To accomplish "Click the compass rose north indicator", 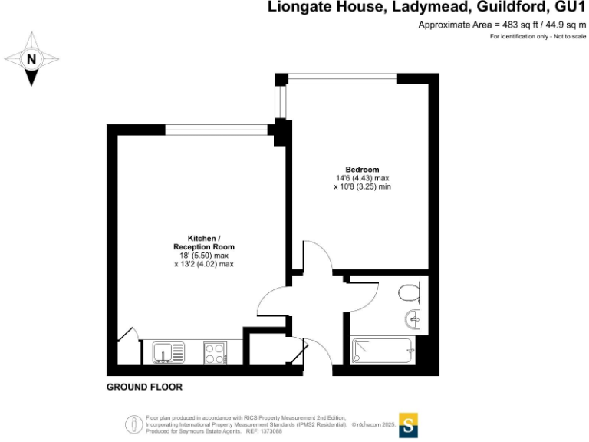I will tap(31, 58).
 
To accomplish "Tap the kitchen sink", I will tap(168, 352).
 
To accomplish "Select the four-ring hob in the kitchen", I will tap(216, 352).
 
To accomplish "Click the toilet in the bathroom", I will tap(408, 292).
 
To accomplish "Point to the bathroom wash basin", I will tap(414, 318).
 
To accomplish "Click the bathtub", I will tap(382, 351).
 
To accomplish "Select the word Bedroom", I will tap(362, 170).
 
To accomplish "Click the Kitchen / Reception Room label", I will tap(203, 242).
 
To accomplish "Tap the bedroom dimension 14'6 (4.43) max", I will tap(362, 178).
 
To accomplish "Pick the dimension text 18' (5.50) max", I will tap(203, 256).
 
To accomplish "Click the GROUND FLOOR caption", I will tap(144, 388).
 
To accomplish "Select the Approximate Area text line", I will tap(502, 25).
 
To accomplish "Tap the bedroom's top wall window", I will tap(342, 78).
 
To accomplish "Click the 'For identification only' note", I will tap(537, 37).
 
